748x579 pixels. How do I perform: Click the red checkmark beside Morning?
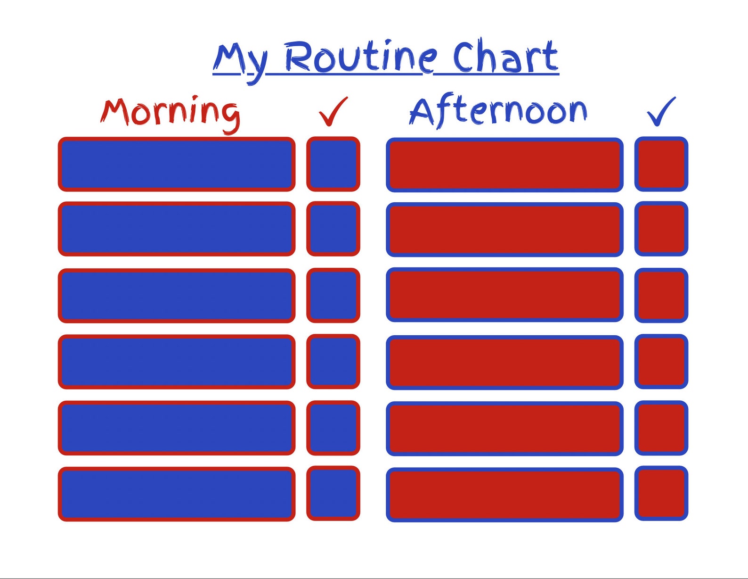click(333, 111)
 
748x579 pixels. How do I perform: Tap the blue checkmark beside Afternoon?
click(661, 111)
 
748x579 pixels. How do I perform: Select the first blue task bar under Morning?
click(177, 164)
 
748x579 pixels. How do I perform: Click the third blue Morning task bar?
click(177, 296)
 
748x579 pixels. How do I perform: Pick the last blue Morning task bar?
click(177, 494)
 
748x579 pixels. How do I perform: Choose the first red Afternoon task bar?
click(504, 165)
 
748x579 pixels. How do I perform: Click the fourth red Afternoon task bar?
click(504, 362)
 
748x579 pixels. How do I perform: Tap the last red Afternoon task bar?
click(504, 495)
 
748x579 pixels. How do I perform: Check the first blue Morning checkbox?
click(333, 164)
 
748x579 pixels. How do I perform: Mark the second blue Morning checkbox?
click(333, 229)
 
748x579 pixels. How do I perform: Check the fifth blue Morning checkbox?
click(333, 428)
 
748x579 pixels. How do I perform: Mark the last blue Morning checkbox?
click(333, 493)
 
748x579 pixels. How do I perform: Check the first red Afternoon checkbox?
click(661, 164)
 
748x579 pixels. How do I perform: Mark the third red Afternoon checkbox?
click(661, 296)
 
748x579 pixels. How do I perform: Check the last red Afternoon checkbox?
click(661, 493)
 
